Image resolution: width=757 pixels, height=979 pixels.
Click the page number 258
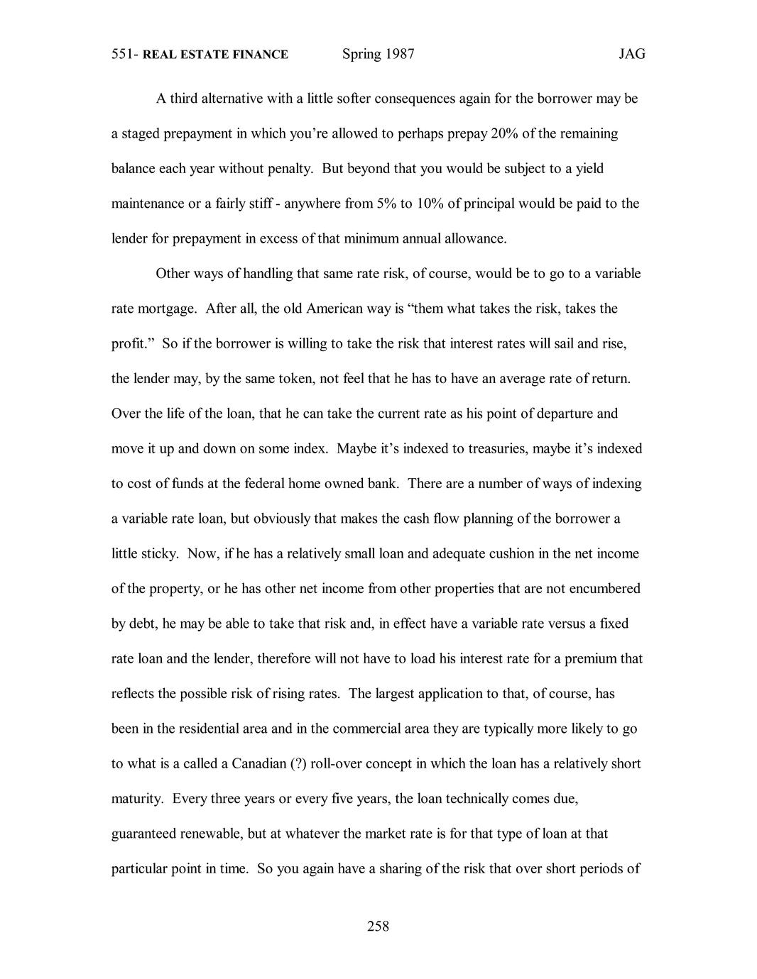point(378,926)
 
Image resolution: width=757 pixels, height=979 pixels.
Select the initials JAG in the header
point(631,55)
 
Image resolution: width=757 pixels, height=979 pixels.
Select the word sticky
point(159,554)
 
